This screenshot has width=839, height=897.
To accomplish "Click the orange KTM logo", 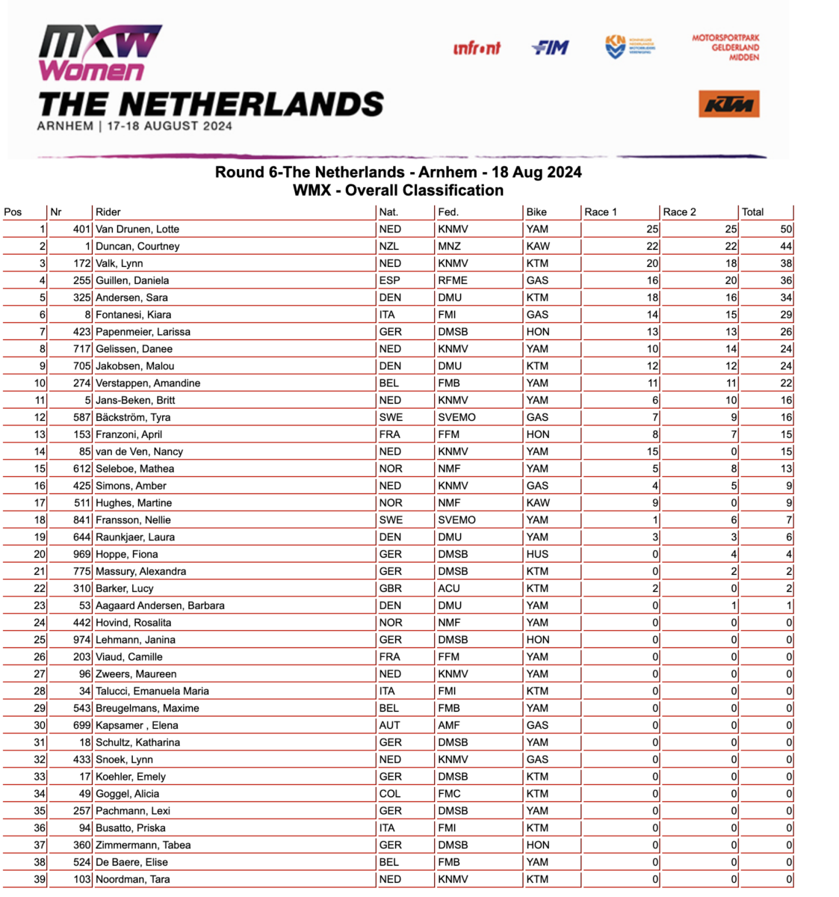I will click(x=729, y=105).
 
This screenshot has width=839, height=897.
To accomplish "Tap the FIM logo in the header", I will click(x=551, y=48).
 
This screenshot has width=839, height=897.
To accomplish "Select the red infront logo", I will click(x=477, y=49).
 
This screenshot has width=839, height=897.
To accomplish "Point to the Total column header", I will click(x=752, y=212).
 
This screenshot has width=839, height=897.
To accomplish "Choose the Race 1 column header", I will click(x=601, y=212).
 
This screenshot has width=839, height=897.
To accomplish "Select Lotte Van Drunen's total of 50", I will click(x=786, y=229).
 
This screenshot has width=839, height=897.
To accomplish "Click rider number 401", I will click(x=81, y=229).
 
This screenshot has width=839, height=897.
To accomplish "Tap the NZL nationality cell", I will click(x=389, y=246).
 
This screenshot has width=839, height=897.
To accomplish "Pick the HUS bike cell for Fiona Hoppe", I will click(x=537, y=554).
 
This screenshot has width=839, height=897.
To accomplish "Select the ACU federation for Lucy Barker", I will click(x=449, y=588).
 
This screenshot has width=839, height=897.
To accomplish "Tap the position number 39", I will click(x=40, y=879).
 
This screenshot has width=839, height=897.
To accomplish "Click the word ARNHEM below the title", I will click(x=66, y=126).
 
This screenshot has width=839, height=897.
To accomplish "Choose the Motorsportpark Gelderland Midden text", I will click(x=725, y=47).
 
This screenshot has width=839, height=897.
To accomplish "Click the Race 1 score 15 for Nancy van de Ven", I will click(x=652, y=451).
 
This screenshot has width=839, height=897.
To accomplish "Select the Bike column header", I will click(x=536, y=212).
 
